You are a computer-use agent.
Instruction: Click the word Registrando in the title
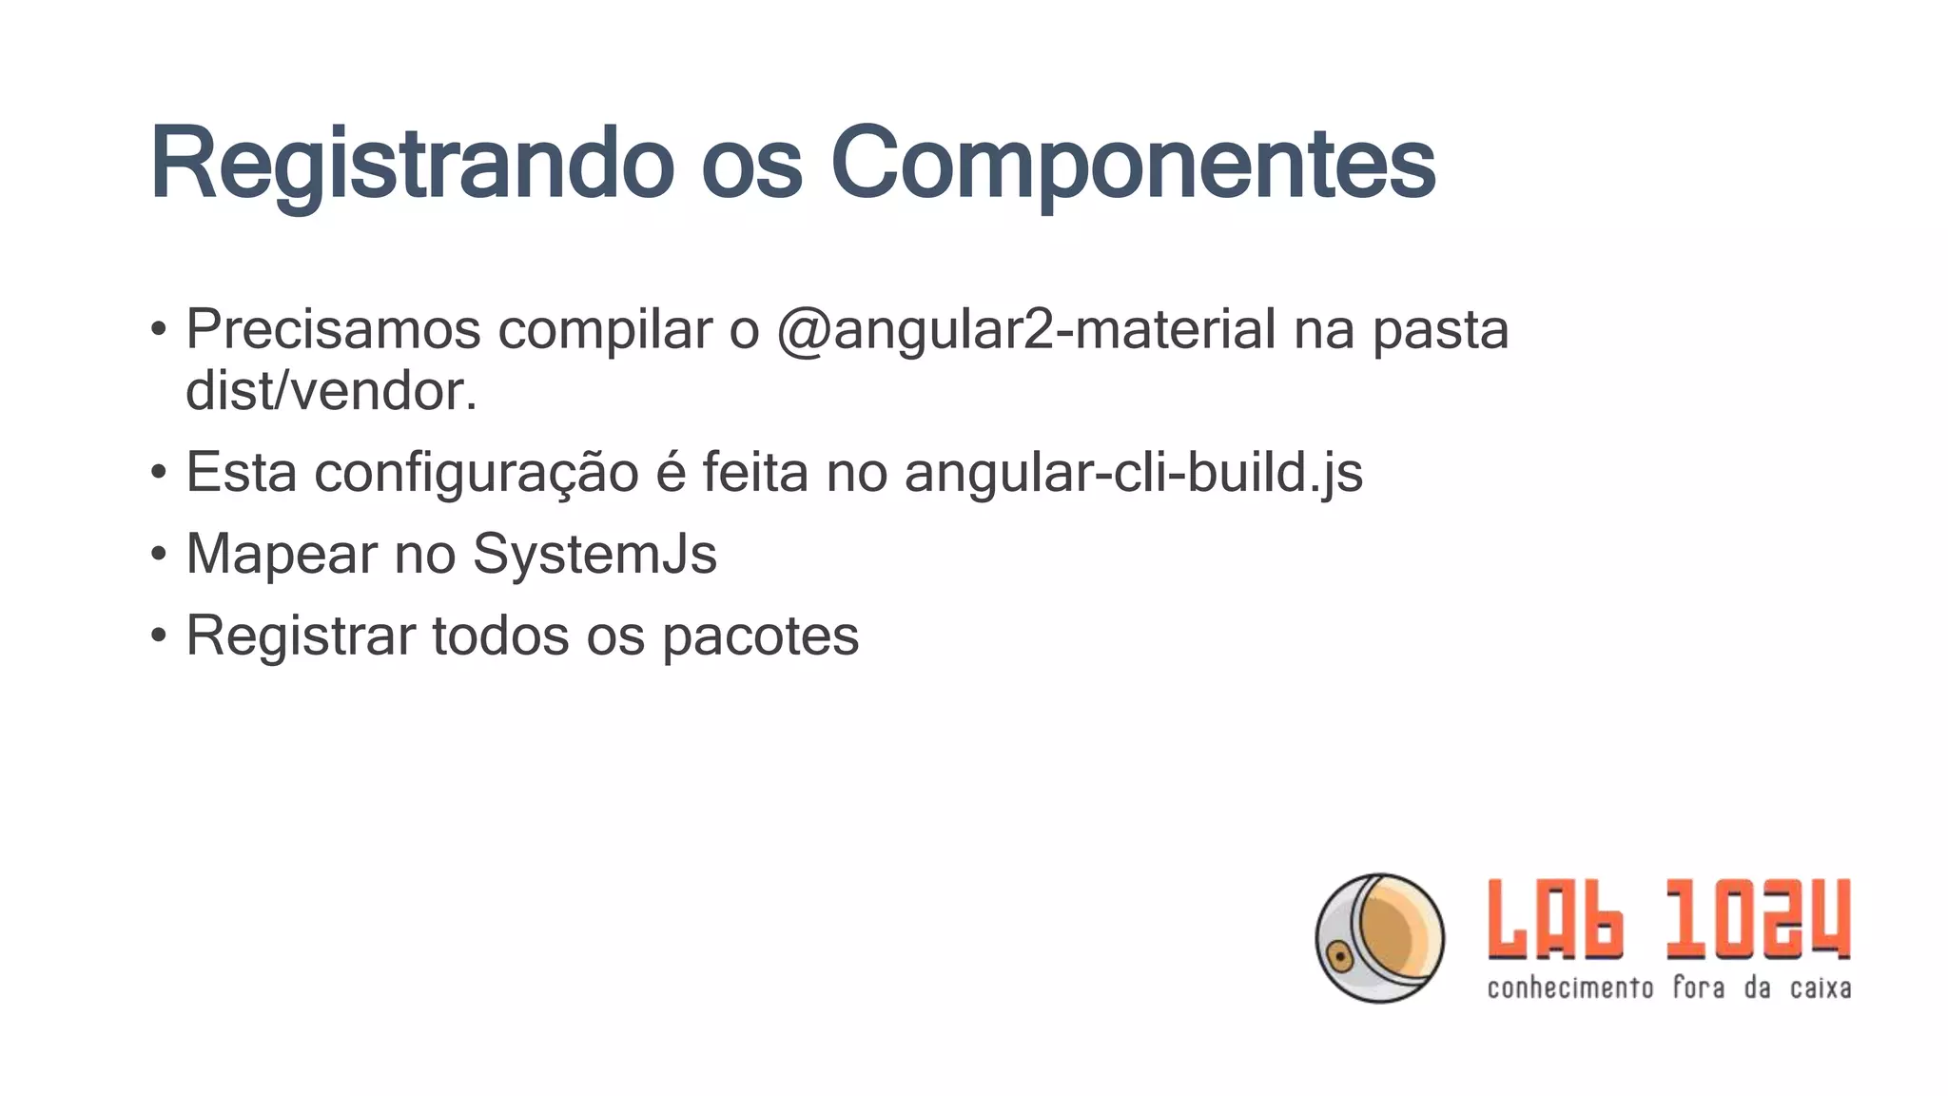coord(411,164)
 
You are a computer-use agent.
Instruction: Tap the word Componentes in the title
coord(1133,164)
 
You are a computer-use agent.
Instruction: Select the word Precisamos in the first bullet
coord(333,330)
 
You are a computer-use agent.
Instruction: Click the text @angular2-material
coord(1026,330)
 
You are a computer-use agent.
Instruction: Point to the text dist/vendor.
coord(331,391)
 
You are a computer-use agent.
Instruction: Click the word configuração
coord(476,473)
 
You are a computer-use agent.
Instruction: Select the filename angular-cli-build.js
coord(1133,473)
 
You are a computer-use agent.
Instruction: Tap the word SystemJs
coord(594,554)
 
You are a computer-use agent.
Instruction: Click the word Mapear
coord(282,554)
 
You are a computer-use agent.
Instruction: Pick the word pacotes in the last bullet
coord(760,636)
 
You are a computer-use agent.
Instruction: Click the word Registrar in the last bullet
coord(301,636)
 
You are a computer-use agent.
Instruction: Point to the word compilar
coord(605,330)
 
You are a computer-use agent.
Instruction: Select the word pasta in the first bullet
coord(1440,330)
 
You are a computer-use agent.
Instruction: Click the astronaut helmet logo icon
coord(1379,938)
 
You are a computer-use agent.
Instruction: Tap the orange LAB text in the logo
coord(1556,919)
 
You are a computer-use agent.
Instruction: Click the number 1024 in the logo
coord(1758,919)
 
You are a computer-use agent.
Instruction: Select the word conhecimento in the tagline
coord(1570,988)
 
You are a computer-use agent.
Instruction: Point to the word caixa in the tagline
coord(1821,988)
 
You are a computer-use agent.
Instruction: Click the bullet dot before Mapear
coord(159,554)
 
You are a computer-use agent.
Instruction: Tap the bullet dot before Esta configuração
coord(159,473)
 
